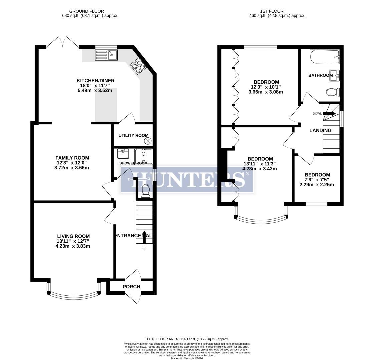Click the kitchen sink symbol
pos(106,55)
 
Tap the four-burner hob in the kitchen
pos(138,66)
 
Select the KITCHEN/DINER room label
pos(95,81)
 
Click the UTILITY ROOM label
pos(133,135)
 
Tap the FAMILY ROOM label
pos(72,158)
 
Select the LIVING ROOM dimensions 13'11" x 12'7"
pos(73,241)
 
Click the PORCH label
pos(131,287)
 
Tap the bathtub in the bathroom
pos(324,57)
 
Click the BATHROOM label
pos(320,75)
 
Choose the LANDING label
pos(320,130)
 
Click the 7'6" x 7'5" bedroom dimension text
pos(317,180)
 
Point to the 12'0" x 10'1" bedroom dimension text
pos(266,87)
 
